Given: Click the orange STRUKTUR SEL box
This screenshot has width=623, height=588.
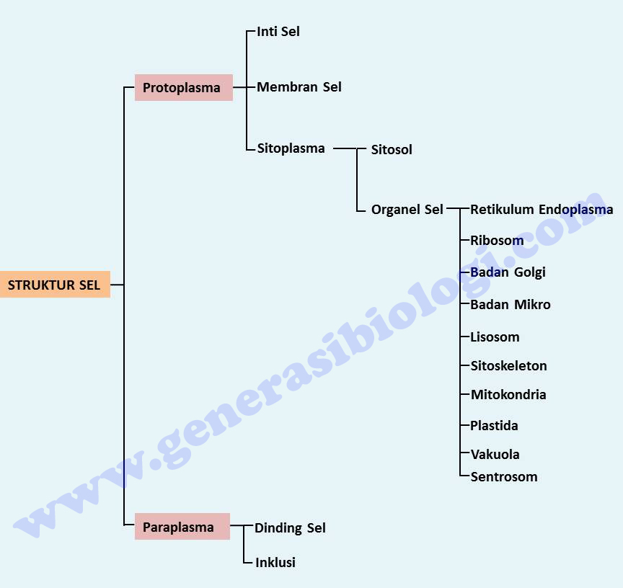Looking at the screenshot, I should point(55,285).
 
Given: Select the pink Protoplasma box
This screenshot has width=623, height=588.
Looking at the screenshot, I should point(183,88).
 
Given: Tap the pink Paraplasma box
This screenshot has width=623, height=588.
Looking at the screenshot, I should point(182,527).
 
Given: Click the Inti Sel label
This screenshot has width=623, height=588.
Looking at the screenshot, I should point(278,32).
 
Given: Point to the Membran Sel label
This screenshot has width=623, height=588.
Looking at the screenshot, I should point(299,87).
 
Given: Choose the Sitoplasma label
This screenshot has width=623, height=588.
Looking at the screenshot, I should point(291,148).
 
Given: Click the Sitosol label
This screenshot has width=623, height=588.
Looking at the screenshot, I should point(392,150).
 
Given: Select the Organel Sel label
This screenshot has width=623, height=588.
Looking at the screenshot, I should point(407,210).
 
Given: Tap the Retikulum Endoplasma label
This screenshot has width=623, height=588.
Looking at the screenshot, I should point(542,210).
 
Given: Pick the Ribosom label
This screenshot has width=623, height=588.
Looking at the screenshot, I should point(497,241).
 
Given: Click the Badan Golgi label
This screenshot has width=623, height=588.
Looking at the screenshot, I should point(508,272).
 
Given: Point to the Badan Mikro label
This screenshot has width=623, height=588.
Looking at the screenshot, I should point(511,305).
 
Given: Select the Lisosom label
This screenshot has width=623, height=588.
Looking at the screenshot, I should point(495,337).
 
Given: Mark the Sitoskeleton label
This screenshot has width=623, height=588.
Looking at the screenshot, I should point(508,366).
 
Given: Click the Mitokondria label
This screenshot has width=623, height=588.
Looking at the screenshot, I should point(508,395).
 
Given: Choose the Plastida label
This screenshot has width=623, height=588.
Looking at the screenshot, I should point(494,426).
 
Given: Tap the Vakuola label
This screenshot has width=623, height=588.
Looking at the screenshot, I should point(495,455).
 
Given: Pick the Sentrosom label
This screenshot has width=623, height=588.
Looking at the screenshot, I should point(504,476).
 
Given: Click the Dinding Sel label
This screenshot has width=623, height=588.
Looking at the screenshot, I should point(290,528).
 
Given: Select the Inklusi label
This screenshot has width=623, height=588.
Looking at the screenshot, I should point(275,562).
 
